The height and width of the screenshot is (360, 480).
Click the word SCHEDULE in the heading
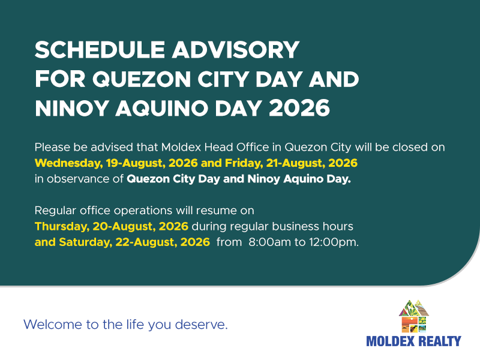100,50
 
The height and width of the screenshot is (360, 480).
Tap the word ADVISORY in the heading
235,50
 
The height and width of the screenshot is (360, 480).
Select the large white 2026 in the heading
299,108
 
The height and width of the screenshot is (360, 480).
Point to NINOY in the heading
72,108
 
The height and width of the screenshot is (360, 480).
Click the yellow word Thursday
62,227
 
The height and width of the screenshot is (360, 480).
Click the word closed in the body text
410,147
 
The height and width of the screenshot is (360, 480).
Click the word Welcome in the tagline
53,325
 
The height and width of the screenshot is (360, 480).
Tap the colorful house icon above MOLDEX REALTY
413,316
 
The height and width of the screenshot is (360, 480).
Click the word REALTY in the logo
440,341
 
